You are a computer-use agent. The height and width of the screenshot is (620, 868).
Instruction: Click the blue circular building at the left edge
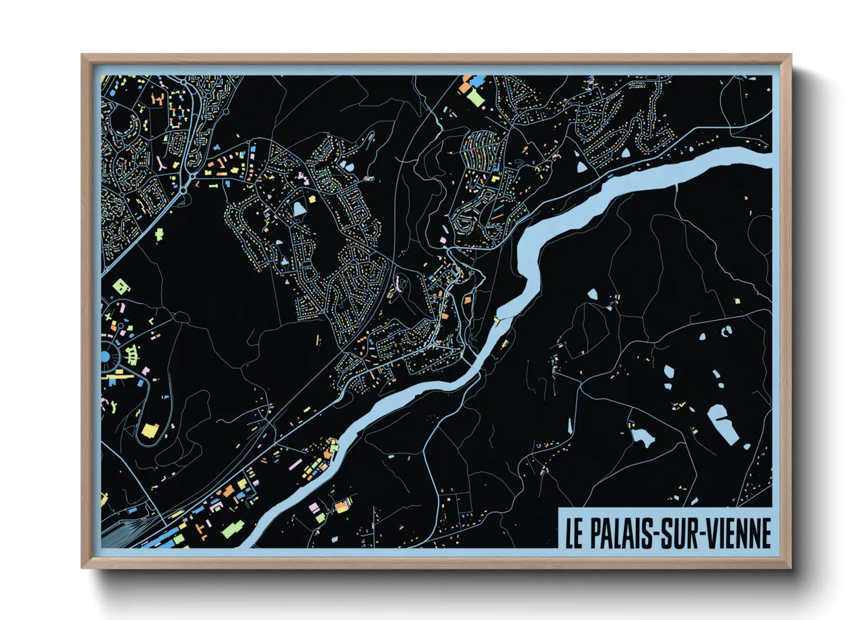pos(106,356)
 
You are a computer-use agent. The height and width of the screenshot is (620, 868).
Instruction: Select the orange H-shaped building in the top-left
pos(158,98)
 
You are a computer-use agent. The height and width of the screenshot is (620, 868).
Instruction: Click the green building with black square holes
pos(121,287)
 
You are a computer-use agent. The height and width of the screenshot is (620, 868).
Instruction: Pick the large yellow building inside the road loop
pos(150,431)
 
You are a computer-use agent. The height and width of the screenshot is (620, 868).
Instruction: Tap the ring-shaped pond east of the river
pos(727,331)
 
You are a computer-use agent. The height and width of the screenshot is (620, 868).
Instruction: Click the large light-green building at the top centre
pos(475,97)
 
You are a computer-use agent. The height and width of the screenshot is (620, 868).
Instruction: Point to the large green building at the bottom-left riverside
pos(230,531)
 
